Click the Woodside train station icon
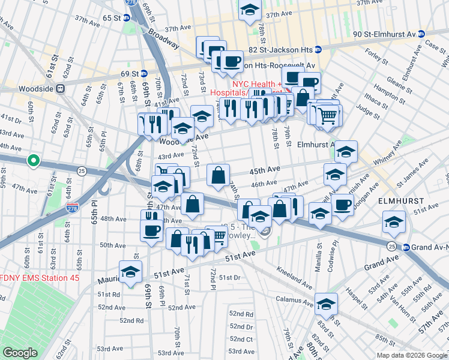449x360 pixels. [x=61, y=88]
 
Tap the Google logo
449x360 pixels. [x=20, y=353]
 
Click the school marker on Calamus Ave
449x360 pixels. [x=326, y=303]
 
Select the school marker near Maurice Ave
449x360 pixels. [x=130, y=271]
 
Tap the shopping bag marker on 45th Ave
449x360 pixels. [x=218, y=175]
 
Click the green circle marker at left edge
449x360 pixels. [x=34, y=161]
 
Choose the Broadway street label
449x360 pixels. [x=163, y=38]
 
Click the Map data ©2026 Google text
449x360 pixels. [x=411, y=355]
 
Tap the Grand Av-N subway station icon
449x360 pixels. [x=405, y=247]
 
